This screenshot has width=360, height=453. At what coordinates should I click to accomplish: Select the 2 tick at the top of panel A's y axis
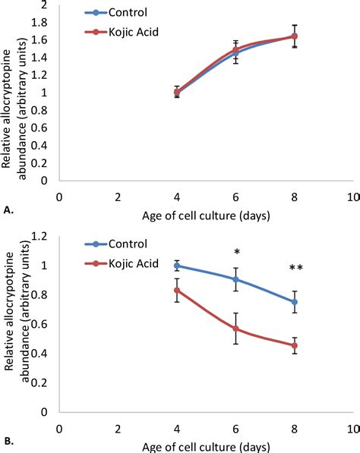click(46, 5)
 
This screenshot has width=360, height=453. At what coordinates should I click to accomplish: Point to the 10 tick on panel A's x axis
click(352, 197)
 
